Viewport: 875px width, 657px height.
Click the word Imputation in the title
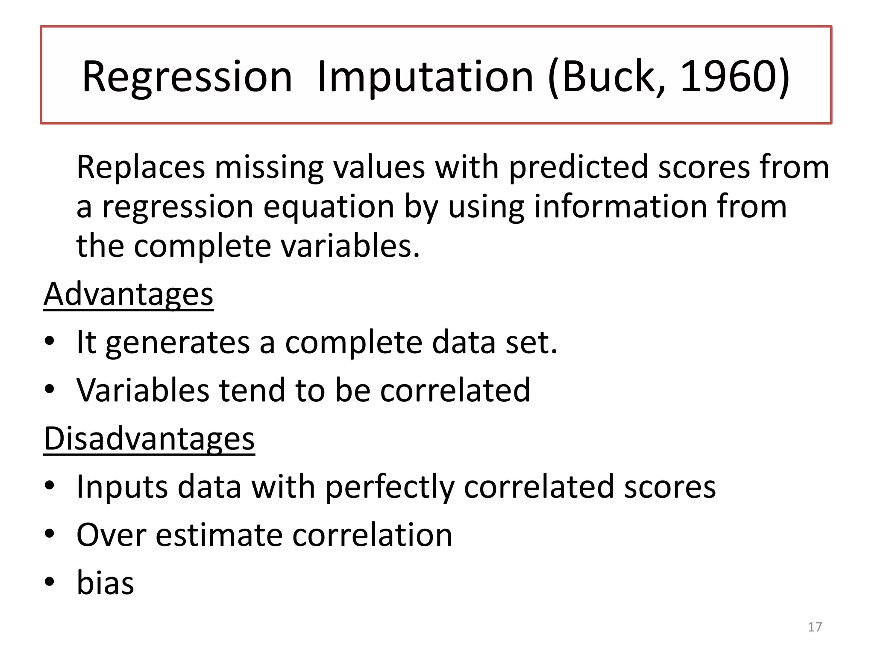425,77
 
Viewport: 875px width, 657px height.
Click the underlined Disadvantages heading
149,439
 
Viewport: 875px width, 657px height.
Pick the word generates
177,343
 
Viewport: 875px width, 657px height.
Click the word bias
105,583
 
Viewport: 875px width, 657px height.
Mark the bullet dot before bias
50,582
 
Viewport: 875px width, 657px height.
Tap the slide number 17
815,627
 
